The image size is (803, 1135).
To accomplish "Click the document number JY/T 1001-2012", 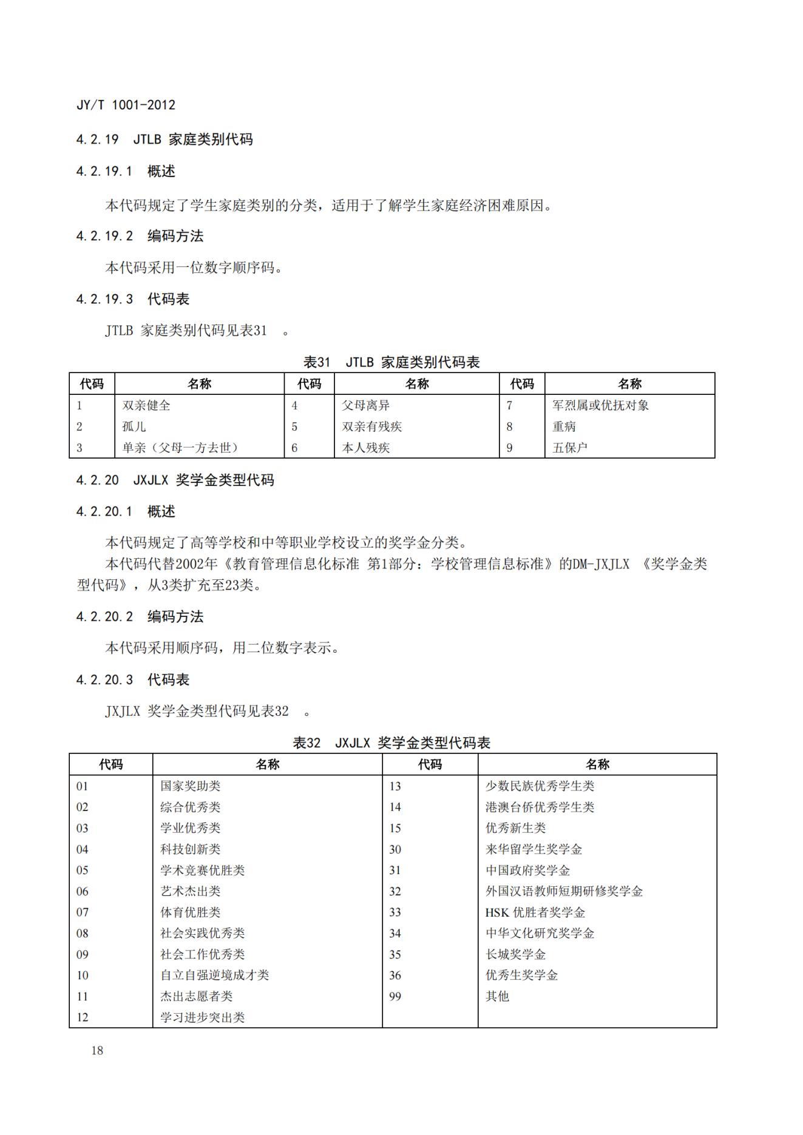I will point(126,105).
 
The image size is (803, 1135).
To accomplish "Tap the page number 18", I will point(97,1050).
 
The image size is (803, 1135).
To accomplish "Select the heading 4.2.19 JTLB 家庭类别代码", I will point(164,140).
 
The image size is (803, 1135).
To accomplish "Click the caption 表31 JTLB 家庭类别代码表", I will point(391,363).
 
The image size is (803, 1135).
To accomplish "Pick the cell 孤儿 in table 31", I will point(134,426).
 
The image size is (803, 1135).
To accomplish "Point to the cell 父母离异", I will point(365,405).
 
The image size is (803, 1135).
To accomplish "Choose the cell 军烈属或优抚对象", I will point(600,405).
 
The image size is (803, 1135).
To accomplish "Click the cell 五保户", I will point(570,448).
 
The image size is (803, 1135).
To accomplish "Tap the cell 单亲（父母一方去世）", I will point(180,448).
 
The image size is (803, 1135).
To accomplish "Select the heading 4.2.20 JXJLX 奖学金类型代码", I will point(175,480).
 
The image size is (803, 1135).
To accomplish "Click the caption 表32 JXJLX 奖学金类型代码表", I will point(391,743).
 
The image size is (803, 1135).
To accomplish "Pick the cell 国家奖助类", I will point(190,786).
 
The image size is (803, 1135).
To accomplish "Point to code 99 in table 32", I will point(395,996).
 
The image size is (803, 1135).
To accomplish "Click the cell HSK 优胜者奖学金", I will point(535,912).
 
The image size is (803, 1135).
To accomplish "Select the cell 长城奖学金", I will point(515,954).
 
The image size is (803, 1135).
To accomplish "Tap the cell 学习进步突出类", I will point(202,1017).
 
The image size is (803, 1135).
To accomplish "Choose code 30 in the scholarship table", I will point(395,849).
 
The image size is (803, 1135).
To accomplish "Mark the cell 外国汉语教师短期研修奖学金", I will point(564,891).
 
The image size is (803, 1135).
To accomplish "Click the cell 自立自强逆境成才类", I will point(214,975).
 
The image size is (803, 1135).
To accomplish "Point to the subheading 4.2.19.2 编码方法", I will point(140,236).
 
